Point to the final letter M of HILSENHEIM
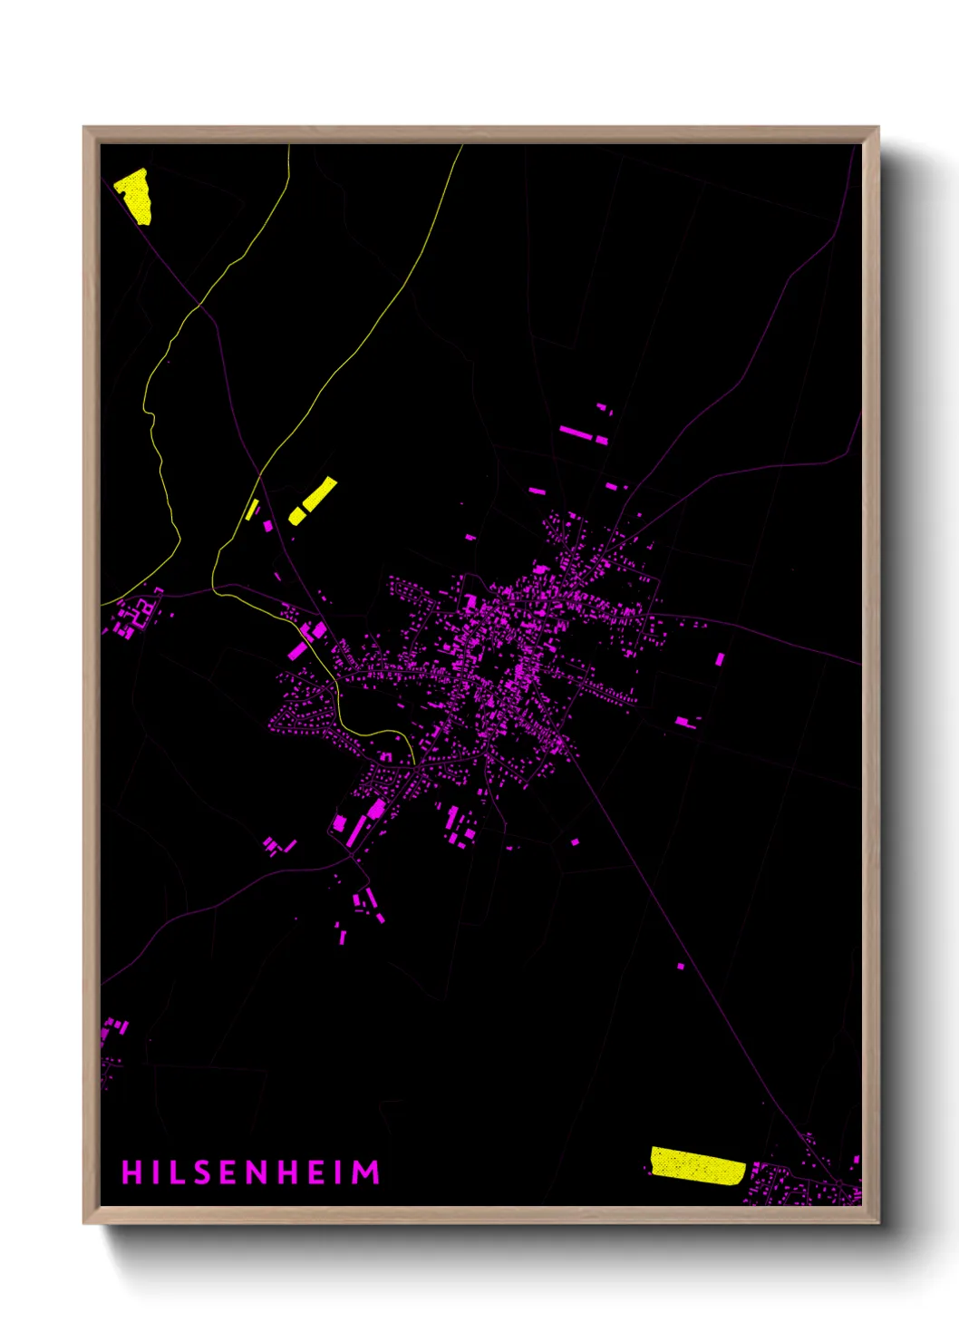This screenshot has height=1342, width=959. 366,1172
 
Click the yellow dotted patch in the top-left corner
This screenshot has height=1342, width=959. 135,194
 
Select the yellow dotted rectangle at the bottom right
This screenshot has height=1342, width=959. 697,1165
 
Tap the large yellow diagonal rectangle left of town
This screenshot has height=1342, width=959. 314,500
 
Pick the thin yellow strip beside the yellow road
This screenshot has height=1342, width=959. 251,510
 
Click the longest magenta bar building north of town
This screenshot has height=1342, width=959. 576,433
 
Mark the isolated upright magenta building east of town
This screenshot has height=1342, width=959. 721,659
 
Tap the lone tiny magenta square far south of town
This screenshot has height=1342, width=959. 681,967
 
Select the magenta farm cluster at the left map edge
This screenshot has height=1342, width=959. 136,615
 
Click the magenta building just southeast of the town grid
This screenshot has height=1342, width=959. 575,842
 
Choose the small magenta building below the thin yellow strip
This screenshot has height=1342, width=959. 267,525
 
